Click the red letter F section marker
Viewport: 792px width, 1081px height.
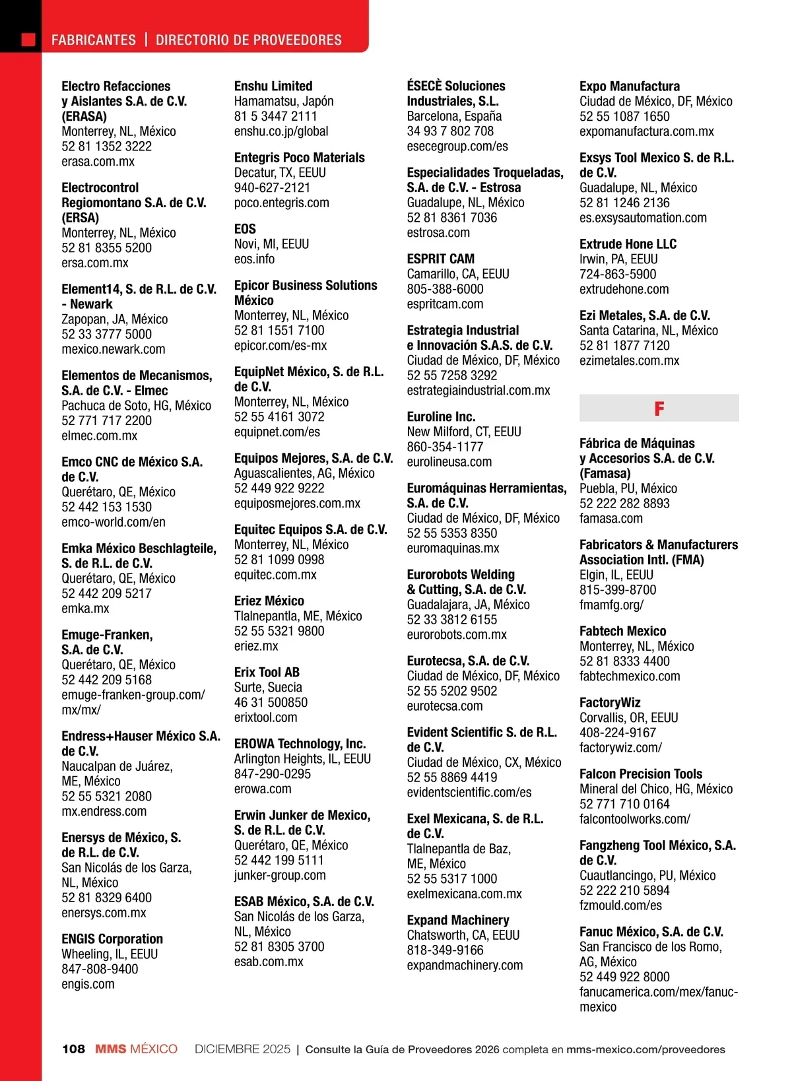pos(659,409)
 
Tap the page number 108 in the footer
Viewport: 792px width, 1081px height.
pos(73,1049)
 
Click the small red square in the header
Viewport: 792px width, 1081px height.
pos(28,40)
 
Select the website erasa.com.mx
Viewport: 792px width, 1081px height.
pos(98,162)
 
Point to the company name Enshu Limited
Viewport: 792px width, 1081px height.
pos(273,86)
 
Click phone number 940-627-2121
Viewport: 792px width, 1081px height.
pos(272,187)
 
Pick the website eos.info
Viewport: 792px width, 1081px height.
pos(254,259)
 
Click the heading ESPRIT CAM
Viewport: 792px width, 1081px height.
pos(440,259)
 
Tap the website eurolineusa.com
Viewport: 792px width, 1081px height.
pos(449,462)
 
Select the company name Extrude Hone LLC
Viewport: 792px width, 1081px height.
pos(628,244)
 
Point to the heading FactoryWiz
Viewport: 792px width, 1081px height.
pos(610,703)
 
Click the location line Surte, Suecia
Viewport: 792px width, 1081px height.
pos(268,688)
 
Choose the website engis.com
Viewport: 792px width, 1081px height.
pos(88,984)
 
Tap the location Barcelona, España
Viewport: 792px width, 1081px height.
pos(454,116)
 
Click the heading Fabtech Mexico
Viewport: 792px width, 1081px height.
pos(622,631)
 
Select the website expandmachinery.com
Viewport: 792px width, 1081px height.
pos(465,966)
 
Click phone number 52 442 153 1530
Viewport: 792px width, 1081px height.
pos(106,507)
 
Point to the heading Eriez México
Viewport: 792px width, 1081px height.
pos(269,601)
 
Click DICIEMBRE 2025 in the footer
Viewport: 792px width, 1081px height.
pos(242,1049)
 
